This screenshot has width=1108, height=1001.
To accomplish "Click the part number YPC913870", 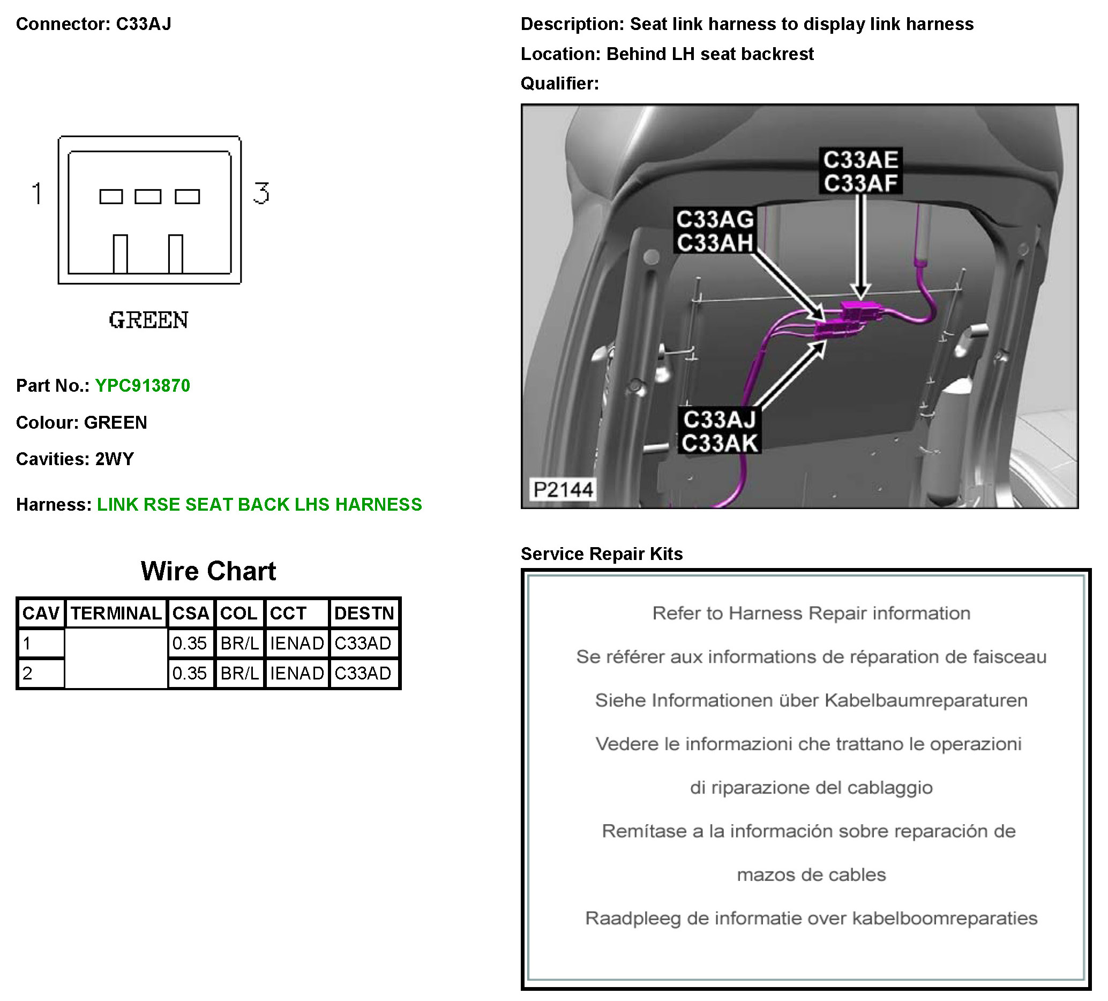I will click(143, 386).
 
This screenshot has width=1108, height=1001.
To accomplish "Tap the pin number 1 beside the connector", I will click(37, 193).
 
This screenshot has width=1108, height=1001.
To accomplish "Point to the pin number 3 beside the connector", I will click(261, 193).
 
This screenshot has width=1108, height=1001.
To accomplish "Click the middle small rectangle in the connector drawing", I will click(148, 196).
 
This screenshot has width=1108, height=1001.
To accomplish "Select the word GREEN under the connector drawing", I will click(148, 320).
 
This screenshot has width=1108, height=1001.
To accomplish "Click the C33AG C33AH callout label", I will click(715, 231).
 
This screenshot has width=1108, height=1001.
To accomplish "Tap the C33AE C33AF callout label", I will click(860, 171).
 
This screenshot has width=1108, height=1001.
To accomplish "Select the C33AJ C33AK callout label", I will click(720, 431).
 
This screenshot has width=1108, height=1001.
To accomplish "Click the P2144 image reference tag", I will click(563, 489).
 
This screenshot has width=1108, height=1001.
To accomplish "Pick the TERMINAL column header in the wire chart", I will click(116, 614).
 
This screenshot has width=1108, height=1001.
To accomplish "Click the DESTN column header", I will click(364, 614).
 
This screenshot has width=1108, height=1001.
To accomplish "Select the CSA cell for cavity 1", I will click(190, 643).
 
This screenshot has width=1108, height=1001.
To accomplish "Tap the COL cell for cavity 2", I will click(239, 674).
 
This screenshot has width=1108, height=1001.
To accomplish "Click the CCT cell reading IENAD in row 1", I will click(297, 643).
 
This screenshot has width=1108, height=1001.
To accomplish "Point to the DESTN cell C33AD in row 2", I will click(363, 674).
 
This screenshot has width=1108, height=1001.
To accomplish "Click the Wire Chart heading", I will click(208, 571).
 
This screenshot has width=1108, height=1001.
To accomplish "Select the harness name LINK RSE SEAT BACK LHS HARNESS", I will click(259, 505).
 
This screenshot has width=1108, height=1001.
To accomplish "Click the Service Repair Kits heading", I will click(602, 554).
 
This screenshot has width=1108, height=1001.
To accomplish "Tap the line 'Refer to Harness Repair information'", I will click(811, 614).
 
